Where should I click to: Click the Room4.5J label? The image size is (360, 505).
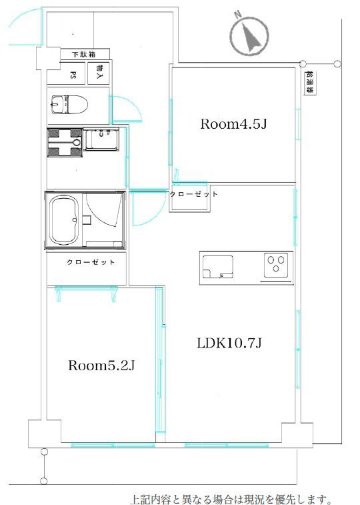(233, 124)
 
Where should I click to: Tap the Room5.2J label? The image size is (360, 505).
(101, 366)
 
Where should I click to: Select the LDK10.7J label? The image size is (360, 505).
(229, 344)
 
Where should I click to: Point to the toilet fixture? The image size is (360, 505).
(69, 105)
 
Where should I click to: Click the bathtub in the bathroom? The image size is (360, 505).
(65, 220)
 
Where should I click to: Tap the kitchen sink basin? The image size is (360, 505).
(218, 267)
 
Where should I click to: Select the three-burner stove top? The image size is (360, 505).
(276, 265)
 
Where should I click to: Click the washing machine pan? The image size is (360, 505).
(64, 142)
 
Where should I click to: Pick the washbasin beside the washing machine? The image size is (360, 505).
(101, 139)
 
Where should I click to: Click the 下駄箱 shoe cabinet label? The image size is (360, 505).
(83, 54)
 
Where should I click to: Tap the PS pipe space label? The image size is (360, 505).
(73, 75)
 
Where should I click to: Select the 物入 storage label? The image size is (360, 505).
(100, 71)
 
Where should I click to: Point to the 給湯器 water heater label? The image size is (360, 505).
(310, 83)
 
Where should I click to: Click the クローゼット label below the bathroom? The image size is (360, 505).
(91, 262)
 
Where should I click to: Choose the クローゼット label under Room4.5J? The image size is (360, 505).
(194, 194)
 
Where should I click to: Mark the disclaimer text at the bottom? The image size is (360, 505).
(231, 499)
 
